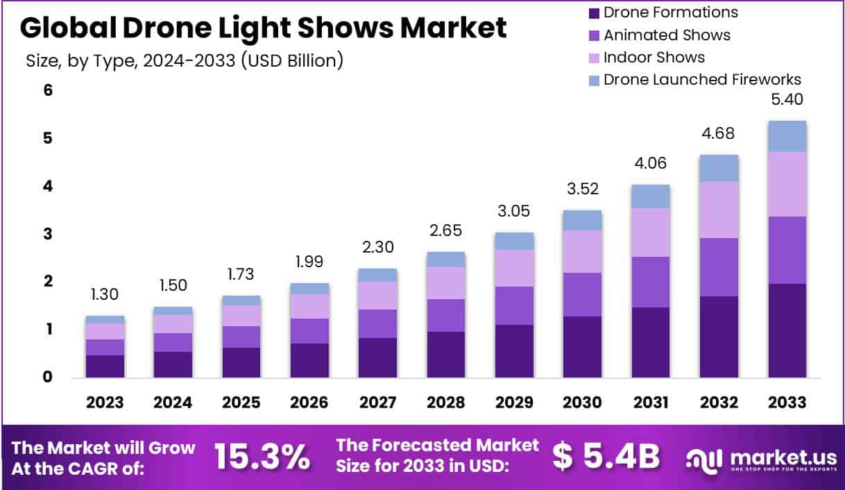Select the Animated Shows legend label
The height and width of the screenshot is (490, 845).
(x=667, y=35)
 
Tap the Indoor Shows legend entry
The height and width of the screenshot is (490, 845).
(x=654, y=57)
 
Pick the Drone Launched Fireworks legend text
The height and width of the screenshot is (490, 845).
(x=702, y=79)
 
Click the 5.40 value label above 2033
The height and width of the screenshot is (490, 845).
(x=787, y=100)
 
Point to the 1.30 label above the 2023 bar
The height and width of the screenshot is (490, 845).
(x=105, y=295)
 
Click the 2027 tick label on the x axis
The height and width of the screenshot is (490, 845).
(x=377, y=403)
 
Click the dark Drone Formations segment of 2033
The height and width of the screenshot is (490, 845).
(x=787, y=330)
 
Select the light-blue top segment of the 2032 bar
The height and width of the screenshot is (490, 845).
(x=719, y=168)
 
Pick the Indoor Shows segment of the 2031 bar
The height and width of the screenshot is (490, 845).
(x=650, y=233)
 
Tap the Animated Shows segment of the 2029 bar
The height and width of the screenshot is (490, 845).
(x=514, y=305)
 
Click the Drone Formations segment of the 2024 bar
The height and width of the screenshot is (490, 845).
(x=173, y=364)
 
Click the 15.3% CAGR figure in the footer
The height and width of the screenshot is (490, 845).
(x=261, y=456)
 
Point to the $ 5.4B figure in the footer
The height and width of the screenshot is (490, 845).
(x=606, y=456)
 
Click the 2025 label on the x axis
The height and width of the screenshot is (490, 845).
(x=241, y=403)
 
